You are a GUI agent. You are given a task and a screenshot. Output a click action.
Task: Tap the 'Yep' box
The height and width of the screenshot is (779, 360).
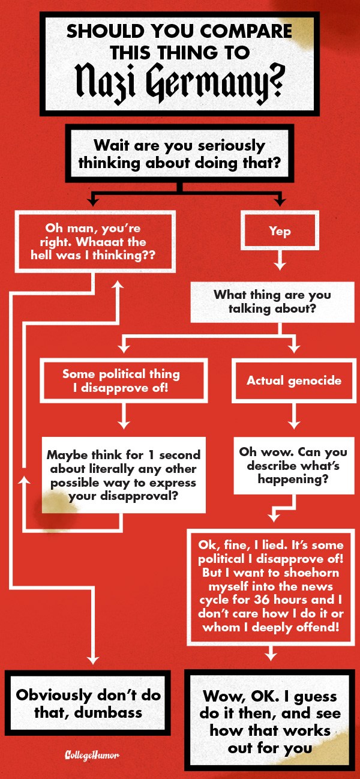(280, 230)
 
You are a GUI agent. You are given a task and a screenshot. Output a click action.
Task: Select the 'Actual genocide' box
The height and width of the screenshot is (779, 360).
(294, 380)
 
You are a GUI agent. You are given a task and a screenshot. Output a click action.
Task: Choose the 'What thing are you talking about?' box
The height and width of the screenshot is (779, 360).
(272, 302)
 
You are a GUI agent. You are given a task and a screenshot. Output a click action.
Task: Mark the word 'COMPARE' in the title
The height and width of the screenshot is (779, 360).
(244, 31)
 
